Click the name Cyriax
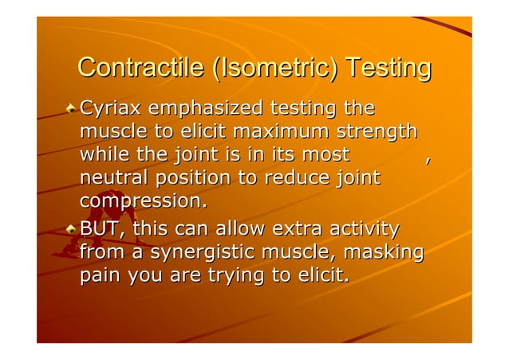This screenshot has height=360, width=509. click(x=109, y=108)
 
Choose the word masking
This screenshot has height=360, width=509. click(x=387, y=253)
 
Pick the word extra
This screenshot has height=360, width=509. click(x=298, y=230)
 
